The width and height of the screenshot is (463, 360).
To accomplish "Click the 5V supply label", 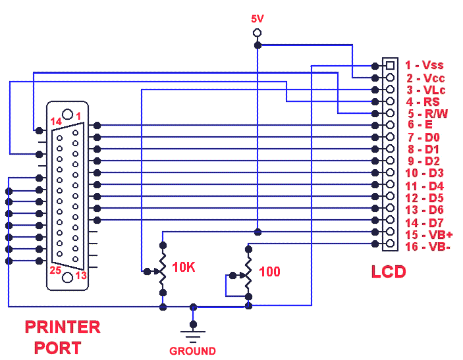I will pyautogui.click(x=257, y=18).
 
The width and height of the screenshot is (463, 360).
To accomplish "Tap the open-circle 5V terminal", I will pyautogui.click(x=257, y=32).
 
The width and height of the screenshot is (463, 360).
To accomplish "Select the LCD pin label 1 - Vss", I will pyautogui.click(x=424, y=64).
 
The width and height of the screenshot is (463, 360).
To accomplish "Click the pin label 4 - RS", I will pyautogui.click(x=422, y=101).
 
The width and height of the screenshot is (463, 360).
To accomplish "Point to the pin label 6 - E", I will pyautogui.click(x=419, y=125).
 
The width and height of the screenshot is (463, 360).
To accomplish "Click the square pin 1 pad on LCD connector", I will pyautogui.click(x=390, y=65).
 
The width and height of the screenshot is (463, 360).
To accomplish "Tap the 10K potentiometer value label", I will pyautogui.click(x=184, y=267).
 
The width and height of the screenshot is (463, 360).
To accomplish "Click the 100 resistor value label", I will pyautogui.click(x=269, y=272).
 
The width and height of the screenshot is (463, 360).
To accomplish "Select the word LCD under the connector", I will pyautogui.click(x=388, y=271).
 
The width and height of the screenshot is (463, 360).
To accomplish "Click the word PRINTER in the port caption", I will pyautogui.click(x=63, y=327).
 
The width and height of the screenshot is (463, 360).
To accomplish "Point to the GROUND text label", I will pyautogui.click(x=192, y=351).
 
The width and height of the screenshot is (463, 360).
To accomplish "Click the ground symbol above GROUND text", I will pyautogui.click(x=192, y=335).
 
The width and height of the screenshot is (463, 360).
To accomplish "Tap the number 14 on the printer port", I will pyautogui.click(x=58, y=121).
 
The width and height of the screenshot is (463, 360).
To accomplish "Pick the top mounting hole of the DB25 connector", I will pyautogui.click(x=67, y=113).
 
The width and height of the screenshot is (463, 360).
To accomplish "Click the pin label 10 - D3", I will pyautogui.click(x=425, y=173).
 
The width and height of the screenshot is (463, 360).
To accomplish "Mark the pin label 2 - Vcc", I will pyautogui.click(x=424, y=77).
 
